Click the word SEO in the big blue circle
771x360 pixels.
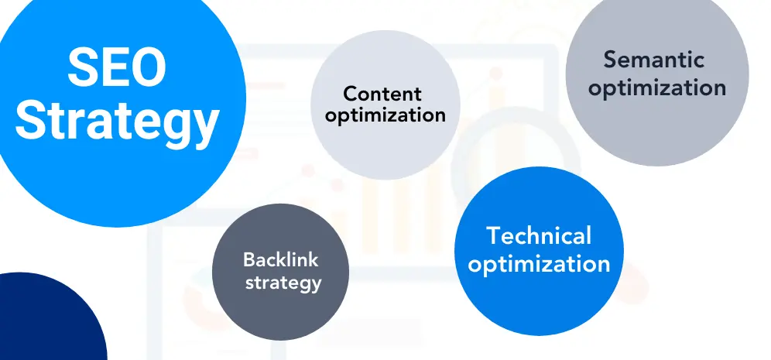point(117,67)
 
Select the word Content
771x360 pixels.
point(382,94)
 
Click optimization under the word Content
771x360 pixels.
point(385,116)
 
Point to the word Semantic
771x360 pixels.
point(654,60)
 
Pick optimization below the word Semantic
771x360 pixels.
point(657,88)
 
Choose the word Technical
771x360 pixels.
point(539,235)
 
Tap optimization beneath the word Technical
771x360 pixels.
point(539,264)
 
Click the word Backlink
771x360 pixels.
point(281,259)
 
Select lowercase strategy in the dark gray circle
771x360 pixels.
point(283,283)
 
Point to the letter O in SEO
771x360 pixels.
point(148,67)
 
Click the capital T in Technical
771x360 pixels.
point(494,235)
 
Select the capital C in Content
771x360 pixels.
point(351,94)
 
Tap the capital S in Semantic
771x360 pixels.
point(611,60)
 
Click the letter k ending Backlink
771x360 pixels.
point(313,259)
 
